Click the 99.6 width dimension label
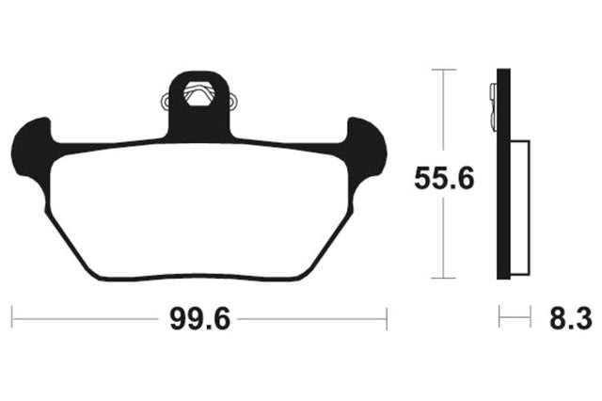(x=200, y=319)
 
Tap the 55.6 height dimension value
(x=444, y=178)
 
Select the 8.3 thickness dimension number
(x=571, y=319)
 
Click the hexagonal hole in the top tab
(x=198, y=93)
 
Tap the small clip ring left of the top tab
(x=166, y=102)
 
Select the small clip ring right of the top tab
(x=232, y=102)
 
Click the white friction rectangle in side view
(x=520, y=208)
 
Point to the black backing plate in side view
(x=503, y=174)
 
